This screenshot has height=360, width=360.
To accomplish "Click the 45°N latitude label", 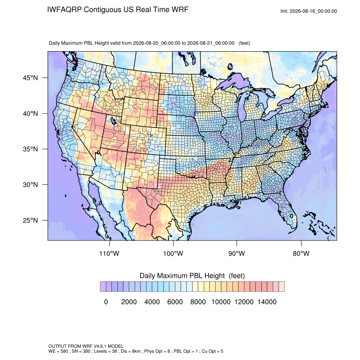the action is point(30,78).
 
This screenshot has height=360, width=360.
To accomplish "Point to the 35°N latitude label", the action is point(30,149).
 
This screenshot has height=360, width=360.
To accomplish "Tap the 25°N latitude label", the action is point(30,220).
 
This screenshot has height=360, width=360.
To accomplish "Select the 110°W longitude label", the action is point(109,253).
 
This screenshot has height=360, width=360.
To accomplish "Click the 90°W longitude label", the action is point(236,253).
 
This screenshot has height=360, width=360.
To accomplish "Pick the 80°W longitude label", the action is point(301,253).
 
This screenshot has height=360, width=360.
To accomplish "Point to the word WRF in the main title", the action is point(180,10).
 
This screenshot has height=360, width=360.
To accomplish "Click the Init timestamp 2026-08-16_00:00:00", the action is point(313,11).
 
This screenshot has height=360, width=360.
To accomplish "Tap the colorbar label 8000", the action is point(198,302).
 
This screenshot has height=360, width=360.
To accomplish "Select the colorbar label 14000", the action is point(267,302).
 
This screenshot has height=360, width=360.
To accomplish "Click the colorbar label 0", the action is point(106,302).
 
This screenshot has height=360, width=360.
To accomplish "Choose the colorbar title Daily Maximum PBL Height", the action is point(182,276).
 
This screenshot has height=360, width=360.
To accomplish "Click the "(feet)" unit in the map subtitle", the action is point(244,43).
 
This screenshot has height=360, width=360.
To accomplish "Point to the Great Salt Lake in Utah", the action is point(113,120).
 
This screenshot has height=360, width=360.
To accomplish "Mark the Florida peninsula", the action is point(288,211).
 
